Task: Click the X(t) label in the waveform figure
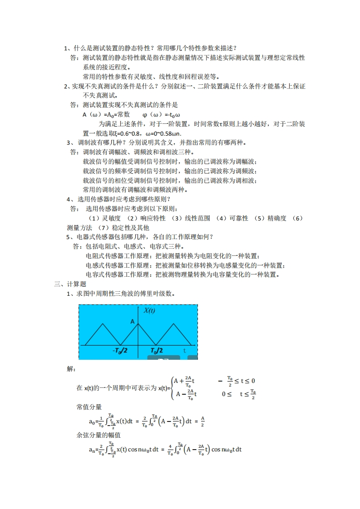[x=149, y=311]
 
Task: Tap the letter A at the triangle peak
[x=133, y=321]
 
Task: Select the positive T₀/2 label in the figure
[x=156, y=351]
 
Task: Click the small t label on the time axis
[x=184, y=351]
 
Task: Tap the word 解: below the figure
[x=71, y=369]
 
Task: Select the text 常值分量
[x=89, y=406]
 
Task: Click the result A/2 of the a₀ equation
[x=203, y=421]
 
